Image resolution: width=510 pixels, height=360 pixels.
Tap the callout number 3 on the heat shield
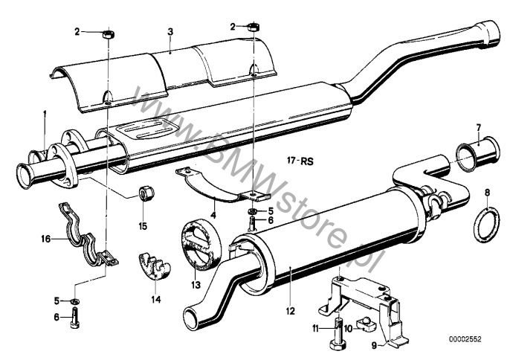pos(170,31)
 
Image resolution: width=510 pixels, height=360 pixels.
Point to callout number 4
pos(213,216)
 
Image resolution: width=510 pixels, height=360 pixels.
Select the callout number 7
pos(478,127)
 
